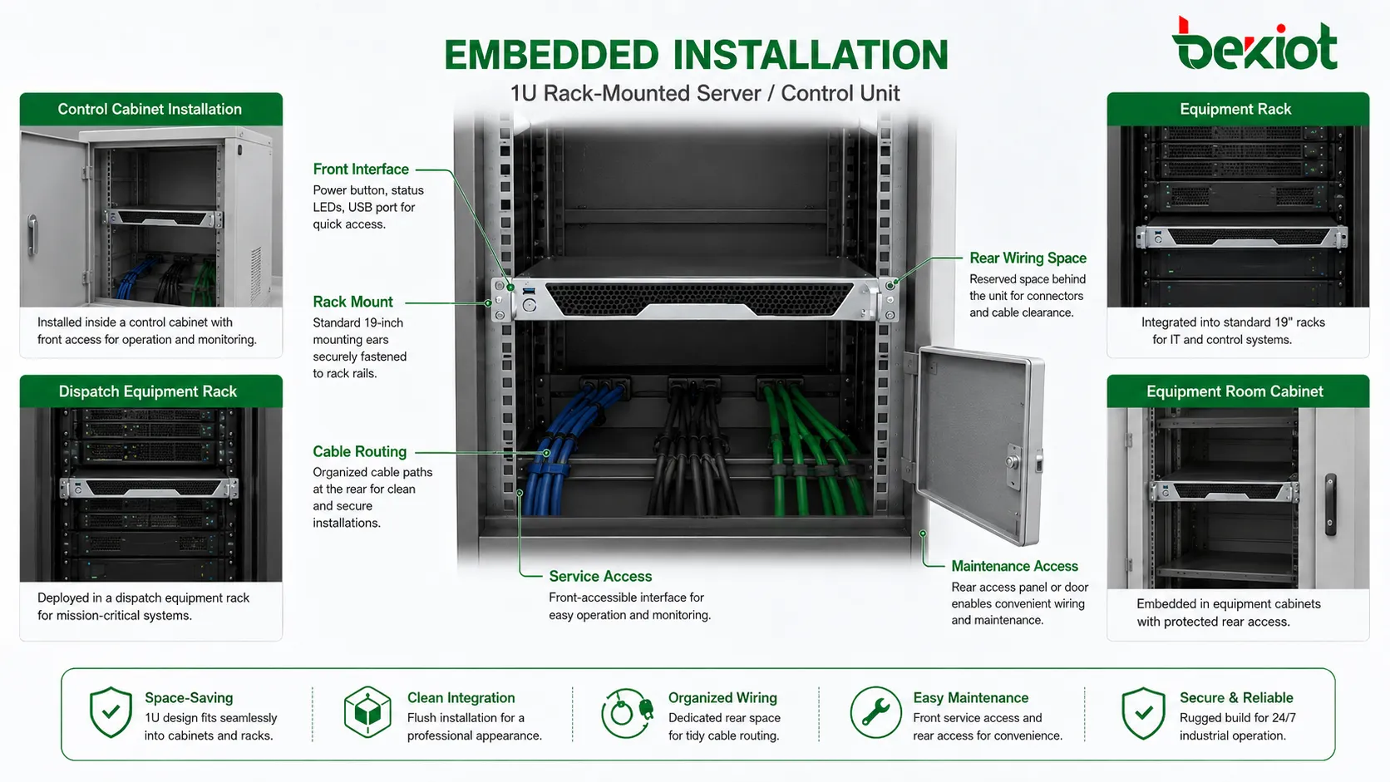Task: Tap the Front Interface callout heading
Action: click(x=361, y=170)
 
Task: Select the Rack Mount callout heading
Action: click(x=352, y=302)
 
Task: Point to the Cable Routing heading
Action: click(x=359, y=451)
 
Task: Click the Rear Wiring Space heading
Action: click(x=1028, y=258)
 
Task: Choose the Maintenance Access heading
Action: click(x=1014, y=566)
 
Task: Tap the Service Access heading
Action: click(x=600, y=577)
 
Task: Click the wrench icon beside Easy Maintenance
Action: click(x=875, y=712)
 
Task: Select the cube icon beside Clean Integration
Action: click(x=367, y=712)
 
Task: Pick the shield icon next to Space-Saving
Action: click(x=111, y=712)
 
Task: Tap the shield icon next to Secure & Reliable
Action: click(x=1143, y=713)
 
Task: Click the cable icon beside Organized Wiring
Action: click(x=627, y=713)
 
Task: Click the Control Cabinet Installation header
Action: click(x=150, y=109)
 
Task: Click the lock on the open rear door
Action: click(x=1013, y=462)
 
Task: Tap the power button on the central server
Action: click(x=530, y=304)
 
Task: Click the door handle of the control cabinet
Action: click(x=32, y=235)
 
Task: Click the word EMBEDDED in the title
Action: click(x=551, y=55)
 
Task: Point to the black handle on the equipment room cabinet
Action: click(x=1330, y=504)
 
